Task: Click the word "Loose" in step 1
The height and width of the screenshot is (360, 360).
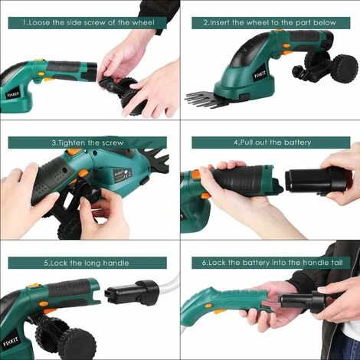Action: (x=40, y=23)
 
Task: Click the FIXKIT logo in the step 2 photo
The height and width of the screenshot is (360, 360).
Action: (x=260, y=75)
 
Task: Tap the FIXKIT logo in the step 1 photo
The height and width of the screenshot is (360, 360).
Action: (x=13, y=95)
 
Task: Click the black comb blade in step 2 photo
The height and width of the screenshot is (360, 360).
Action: (x=205, y=100)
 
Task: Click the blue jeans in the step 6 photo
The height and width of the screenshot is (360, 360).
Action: (x=345, y=344)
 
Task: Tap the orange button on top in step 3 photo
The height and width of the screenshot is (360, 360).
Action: (x=75, y=152)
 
